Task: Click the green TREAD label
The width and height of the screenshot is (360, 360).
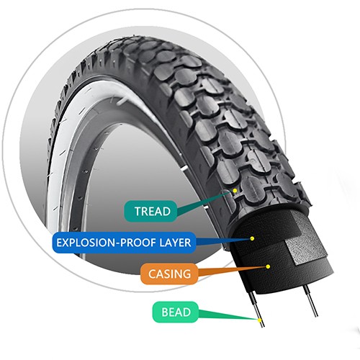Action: pyautogui.click(x=150, y=211)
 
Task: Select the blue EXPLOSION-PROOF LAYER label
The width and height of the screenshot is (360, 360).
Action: pyautogui.click(x=124, y=243)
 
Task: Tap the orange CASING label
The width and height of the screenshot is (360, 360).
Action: pyautogui.click(x=169, y=274)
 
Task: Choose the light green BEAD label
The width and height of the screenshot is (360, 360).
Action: pyautogui.click(x=176, y=312)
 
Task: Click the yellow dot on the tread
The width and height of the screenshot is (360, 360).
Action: pyautogui.click(x=235, y=191)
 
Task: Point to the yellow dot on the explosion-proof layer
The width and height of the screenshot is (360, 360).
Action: pyautogui.click(x=252, y=238)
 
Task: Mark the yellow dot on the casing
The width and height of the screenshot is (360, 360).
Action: pyautogui.click(x=268, y=266)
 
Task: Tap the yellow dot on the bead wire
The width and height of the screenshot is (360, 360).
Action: pyautogui.click(x=259, y=320)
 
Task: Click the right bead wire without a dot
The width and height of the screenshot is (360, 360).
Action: pyautogui.click(x=310, y=301)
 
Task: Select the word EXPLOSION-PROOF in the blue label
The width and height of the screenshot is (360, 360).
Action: pyautogui.click(x=107, y=243)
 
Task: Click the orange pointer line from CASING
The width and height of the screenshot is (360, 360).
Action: pyautogui.click(x=233, y=271)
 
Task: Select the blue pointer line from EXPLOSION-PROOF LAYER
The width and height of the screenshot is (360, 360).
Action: pyautogui.click(x=223, y=241)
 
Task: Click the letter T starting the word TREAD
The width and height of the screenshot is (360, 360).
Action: pyautogui.click(x=138, y=211)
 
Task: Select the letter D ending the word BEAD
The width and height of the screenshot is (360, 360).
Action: pyautogui.click(x=187, y=312)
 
